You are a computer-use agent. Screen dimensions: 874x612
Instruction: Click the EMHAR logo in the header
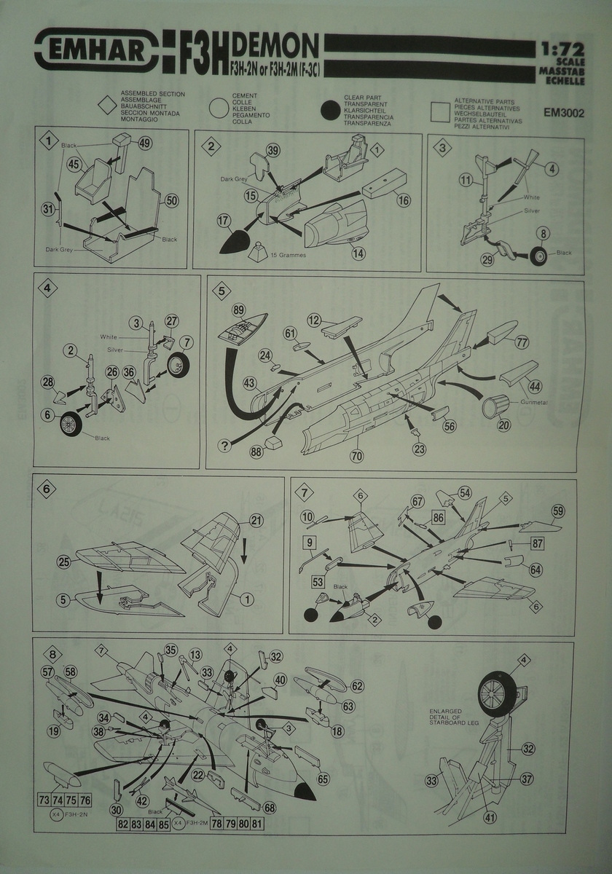pos(97,49)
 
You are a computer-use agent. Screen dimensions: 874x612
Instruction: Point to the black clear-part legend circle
pos(332,111)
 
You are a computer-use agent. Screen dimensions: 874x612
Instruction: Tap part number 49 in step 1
pos(144,143)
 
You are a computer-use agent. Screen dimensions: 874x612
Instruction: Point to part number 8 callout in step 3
pos(543,233)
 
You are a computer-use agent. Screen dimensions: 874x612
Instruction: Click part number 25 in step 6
pos(63,562)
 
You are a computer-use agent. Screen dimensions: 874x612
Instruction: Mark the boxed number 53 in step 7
pos(318,582)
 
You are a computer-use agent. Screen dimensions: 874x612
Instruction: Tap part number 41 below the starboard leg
pos(490,816)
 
